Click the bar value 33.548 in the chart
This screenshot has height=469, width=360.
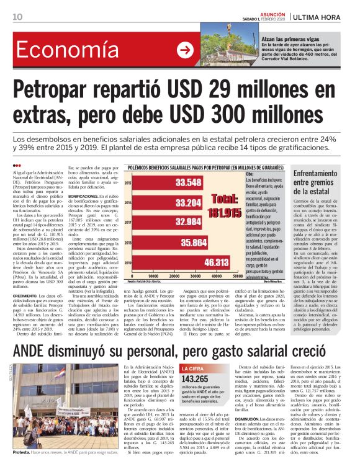point(188,182)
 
